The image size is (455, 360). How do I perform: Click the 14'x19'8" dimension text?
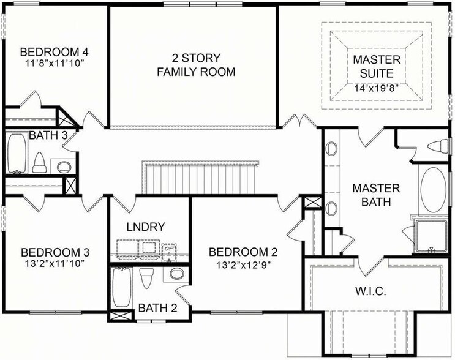(x=377, y=88)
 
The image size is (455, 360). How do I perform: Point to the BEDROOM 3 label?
(x=56, y=252)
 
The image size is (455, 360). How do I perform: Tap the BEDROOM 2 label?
(x=243, y=252)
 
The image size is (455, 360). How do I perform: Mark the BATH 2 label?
(x=157, y=308)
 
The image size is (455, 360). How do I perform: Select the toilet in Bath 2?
(x=146, y=279)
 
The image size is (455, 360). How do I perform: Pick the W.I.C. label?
(x=371, y=291)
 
